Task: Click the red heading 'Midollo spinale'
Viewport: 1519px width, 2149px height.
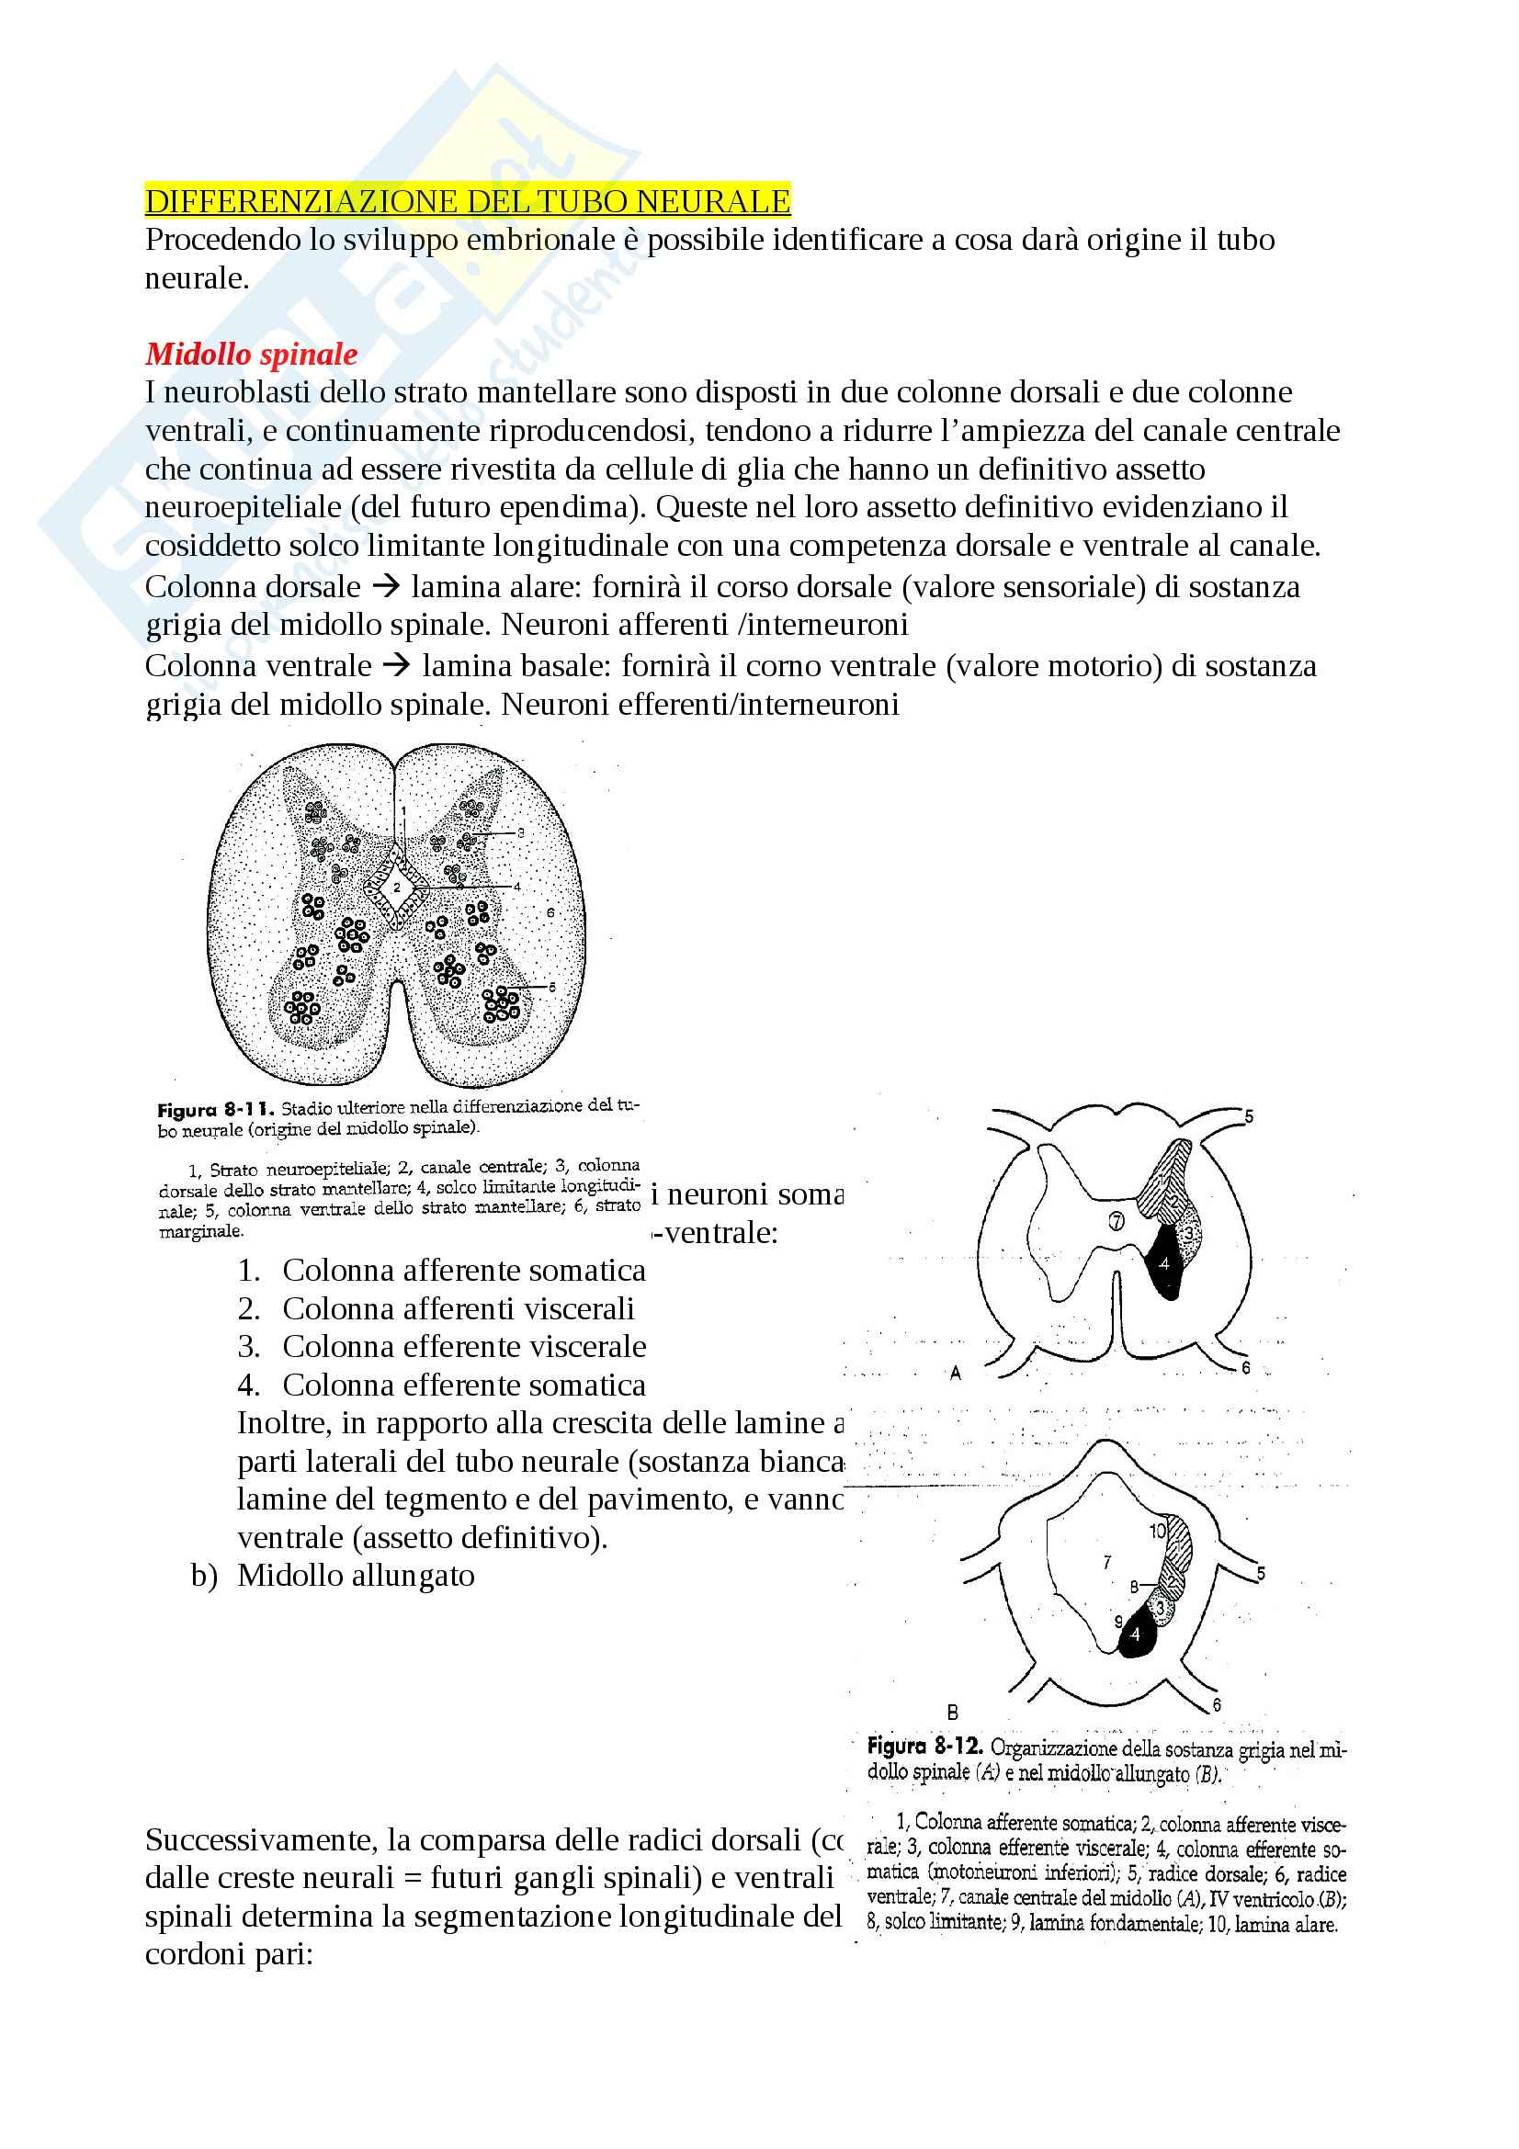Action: pyautogui.click(x=251, y=354)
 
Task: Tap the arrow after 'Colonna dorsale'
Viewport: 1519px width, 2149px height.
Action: pyautogui.click(x=385, y=587)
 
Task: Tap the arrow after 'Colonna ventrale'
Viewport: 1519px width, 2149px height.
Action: pyautogui.click(x=397, y=665)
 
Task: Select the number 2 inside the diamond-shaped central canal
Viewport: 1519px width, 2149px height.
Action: pyautogui.click(x=397, y=888)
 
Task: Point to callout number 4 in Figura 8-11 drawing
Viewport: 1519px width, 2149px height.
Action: pyautogui.click(x=516, y=886)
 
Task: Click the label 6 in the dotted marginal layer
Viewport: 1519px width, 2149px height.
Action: pyautogui.click(x=550, y=912)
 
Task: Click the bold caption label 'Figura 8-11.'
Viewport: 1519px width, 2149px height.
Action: pyautogui.click(x=215, y=1111)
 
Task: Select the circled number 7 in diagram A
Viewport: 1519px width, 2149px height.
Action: pyautogui.click(x=1117, y=1220)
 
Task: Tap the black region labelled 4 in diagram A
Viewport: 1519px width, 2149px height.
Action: pyautogui.click(x=1165, y=1263)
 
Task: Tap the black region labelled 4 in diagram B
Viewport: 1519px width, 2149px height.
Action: pyautogui.click(x=1135, y=1634)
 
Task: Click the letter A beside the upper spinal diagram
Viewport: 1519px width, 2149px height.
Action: pyautogui.click(x=956, y=1373)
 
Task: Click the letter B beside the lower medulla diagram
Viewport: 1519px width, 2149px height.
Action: pyautogui.click(x=953, y=1712)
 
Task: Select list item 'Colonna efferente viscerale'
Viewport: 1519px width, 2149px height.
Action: pyautogui.click(x=464, y=1346)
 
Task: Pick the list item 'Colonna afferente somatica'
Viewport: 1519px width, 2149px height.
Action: pyautogui.click(x=464, y=1270)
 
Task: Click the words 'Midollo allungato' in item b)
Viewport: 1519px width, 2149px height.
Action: pyautogui.click(x=356, y=1576)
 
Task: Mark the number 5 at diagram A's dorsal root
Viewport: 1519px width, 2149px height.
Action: pyautogui.click(x=1249, y=1116)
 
